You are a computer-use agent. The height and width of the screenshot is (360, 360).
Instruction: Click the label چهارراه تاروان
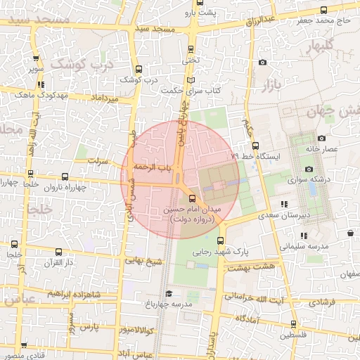[x=65, y=188]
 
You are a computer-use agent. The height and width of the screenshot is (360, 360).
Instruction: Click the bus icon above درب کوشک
[x=138, y=70]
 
